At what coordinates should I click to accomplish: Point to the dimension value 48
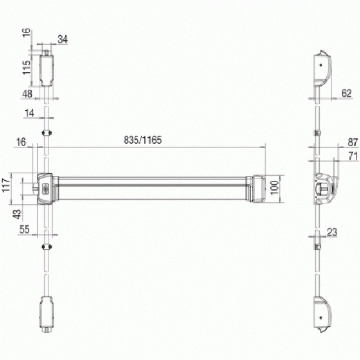coord(27,94)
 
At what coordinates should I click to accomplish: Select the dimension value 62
coord(346,93)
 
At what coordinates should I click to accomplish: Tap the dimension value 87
coord(353,142)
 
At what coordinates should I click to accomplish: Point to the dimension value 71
coord(353,156)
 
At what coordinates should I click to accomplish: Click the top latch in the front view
coord(47,69)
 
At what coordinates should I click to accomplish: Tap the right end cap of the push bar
coord(257,188)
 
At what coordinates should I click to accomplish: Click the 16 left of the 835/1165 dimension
coord(21,142)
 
